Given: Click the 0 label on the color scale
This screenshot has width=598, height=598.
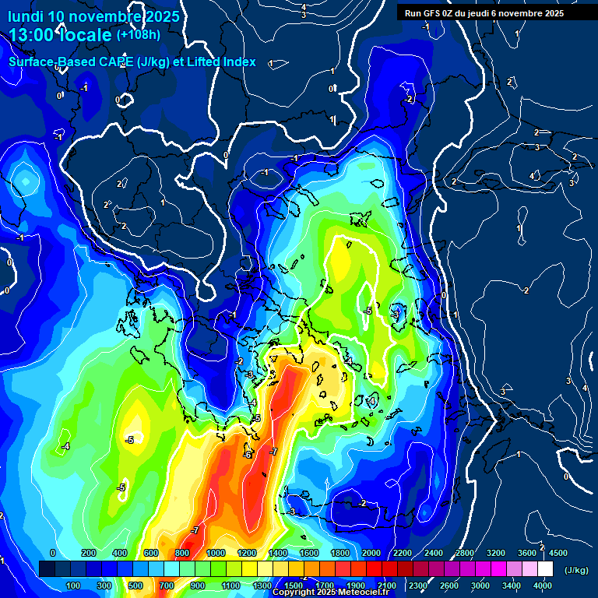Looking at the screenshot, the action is click(53, 553).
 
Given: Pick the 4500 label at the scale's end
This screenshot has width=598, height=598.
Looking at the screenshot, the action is click(557, 553).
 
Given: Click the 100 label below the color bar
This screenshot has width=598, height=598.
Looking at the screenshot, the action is click(73, 586).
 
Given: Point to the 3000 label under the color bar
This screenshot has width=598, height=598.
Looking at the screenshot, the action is click(481, 586).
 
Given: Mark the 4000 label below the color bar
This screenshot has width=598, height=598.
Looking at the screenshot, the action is click(543, 586).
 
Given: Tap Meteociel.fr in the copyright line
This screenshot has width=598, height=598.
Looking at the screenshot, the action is click(364, 593).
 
